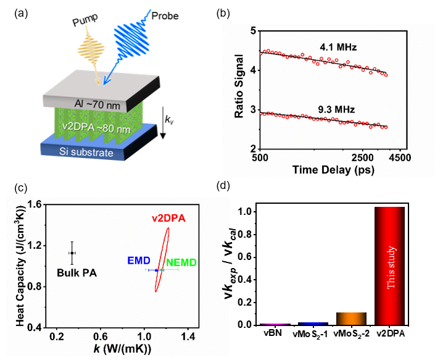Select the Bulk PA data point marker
72,253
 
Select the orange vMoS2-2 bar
351,318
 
